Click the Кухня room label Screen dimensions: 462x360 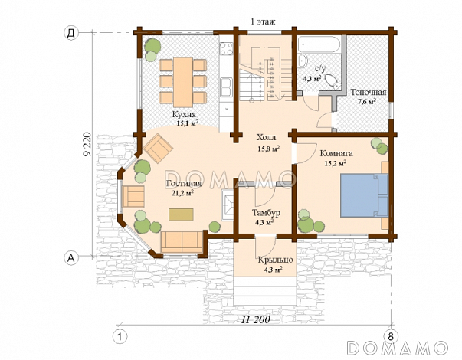coord(184,114)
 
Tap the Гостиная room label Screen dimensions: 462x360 coord(184,184)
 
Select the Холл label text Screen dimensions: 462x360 coord(267,137)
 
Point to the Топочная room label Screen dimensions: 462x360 coord(368,92)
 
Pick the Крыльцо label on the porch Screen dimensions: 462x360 coord(276,260)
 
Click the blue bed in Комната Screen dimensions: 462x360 coord(365,195)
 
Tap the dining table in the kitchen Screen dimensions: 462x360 coord(183,83)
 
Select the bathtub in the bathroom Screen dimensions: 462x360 coord(319,44)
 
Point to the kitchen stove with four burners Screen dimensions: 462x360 coord(227,49)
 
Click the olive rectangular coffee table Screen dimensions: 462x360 coord(181,214)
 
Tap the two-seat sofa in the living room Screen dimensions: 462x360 coord(182,242)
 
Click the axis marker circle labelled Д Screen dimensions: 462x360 coord(71,33)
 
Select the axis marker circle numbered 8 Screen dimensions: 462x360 coord(391,336)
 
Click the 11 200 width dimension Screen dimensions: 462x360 coord(256,319)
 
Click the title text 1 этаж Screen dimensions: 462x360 coord(263,21)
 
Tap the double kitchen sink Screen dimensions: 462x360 coord(226,87)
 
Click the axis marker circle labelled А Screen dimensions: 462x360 coord(71,258)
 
